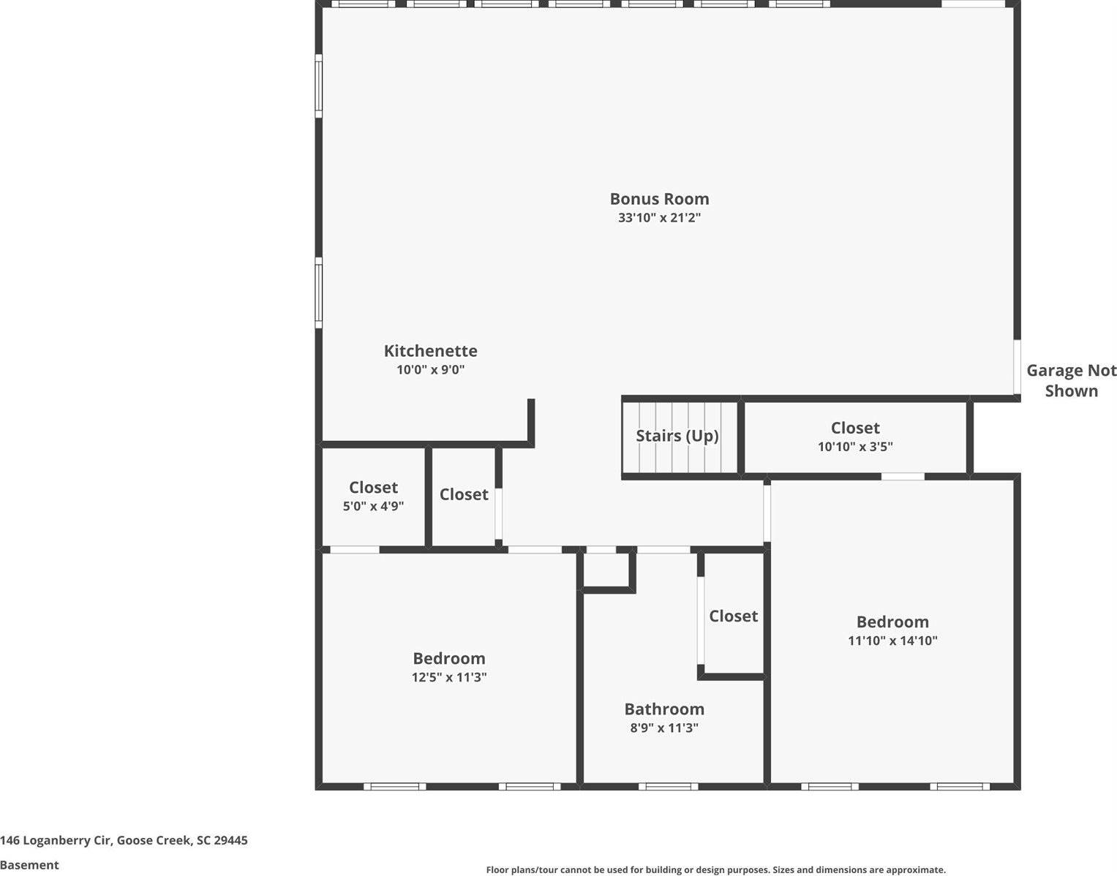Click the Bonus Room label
click(x=659, y=199)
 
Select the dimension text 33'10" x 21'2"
click(x=659, y=218)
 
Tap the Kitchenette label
click(x=430, y=351)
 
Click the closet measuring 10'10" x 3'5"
click(x=854, y=437)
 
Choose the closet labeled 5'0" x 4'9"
click(x=373, y=496)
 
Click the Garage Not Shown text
click(x=1071, y=380)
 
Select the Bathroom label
click(x=664, y=709)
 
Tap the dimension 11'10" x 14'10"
click(x=892, y=641)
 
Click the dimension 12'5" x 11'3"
click(x=448, y=678)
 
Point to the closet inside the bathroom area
click(x=733, y=616)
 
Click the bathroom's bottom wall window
click(x=668, y=787)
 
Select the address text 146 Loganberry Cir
click(x=124, y=840)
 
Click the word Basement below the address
click(x=29, y=865)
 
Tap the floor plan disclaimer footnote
click(x=715, y=869)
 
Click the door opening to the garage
click(x=1017, y=367)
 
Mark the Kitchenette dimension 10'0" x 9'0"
click(x=430, y=370)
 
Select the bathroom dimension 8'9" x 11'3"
click(x=664, y=728)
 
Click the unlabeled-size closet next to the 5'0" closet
click(x=463, y=495)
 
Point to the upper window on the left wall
click(x=319, y=86)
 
